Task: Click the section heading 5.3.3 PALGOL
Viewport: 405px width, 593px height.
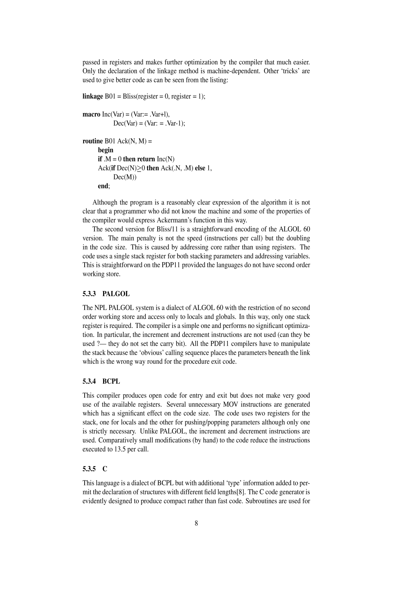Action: pos(106,294)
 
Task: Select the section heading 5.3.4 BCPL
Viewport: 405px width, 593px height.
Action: pos(101,381)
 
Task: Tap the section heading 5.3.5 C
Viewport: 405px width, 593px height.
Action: pos(95,469)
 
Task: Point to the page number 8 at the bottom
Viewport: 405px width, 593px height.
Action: pos(196,523)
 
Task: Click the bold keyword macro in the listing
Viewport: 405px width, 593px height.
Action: pos(91,114)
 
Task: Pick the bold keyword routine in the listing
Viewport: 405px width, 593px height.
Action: pos(93,141)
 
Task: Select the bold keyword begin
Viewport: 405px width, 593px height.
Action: pos(106,150)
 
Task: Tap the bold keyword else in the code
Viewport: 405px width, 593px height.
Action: pos(200,168)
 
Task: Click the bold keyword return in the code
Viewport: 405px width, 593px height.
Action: pos(146,159)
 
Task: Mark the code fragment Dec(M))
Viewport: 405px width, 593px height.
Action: pos(125,177)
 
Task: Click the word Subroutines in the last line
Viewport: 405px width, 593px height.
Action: pos(261,501)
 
